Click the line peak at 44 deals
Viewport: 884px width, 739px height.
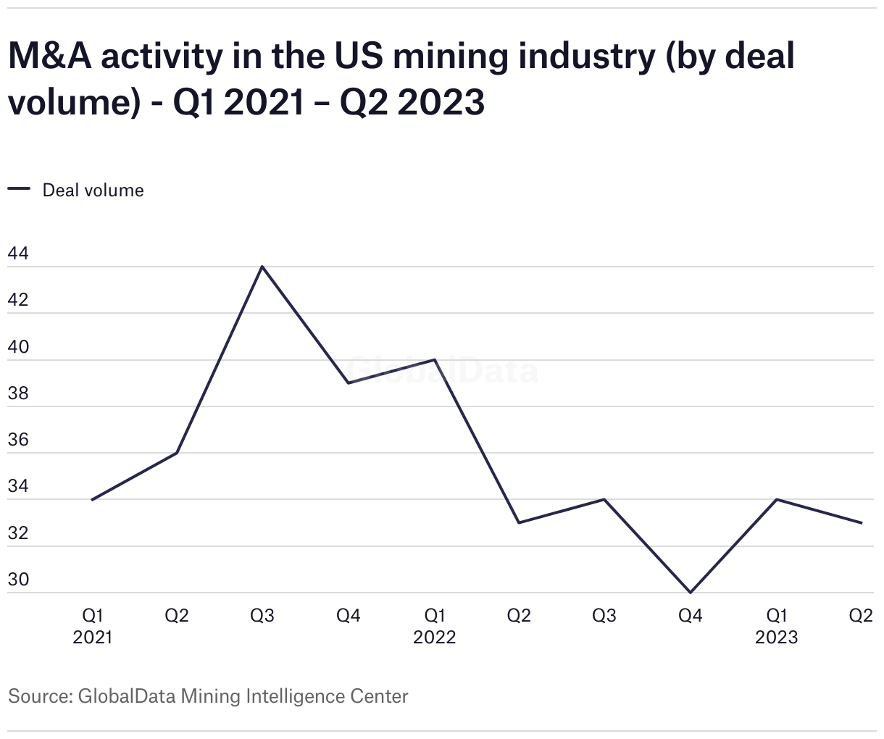tap(262, 267)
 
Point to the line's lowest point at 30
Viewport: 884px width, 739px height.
tap(690, 593)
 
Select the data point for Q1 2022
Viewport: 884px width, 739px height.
tap(434, 359)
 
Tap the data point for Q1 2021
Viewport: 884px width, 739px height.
tap(92, 500)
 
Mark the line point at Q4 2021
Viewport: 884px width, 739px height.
tap(349, 383)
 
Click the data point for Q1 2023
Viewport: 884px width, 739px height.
tap(776, 499)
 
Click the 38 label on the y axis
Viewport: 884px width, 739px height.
tap(18, 393)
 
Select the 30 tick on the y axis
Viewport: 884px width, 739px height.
tap(18, 580)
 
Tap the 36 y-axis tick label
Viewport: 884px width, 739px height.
tap(18, 440)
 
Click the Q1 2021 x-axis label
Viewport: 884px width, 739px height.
tap(92, 626)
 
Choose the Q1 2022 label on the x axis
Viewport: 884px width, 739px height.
tap(434, 626)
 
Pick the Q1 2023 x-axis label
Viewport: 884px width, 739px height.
tap(776, 626)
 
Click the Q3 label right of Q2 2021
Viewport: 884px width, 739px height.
tap(262, 616)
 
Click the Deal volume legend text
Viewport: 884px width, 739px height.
tap(93, 191)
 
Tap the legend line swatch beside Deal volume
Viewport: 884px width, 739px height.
tap(19, 189)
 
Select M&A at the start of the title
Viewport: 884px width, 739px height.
tap(50, 57)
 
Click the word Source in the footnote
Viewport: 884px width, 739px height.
tap(38, 697)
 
